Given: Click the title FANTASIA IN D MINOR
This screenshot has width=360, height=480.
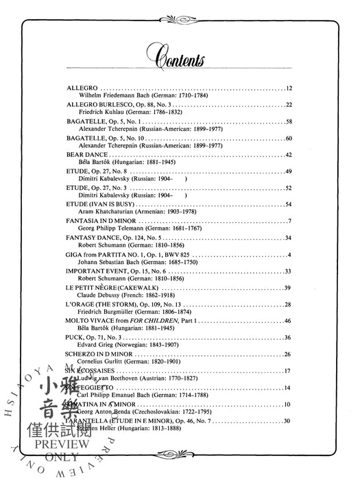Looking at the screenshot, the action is (x=100, y=221).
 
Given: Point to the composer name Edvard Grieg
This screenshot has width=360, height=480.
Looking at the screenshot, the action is (x=92, y=344).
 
